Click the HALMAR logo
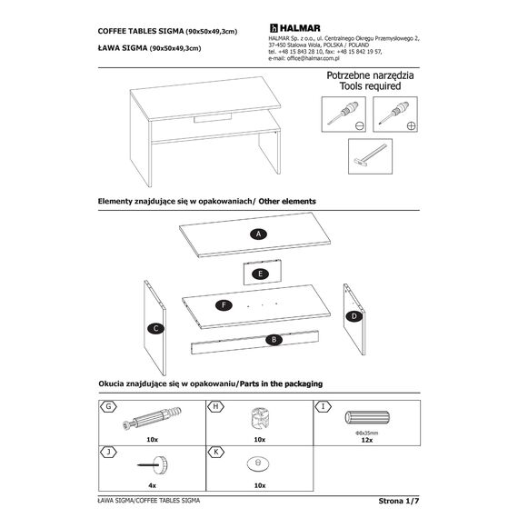(294, 28)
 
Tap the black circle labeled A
(258, 234)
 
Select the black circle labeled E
(260, 274)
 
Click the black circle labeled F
(224, 305)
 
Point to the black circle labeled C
(156, 329)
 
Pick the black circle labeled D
(354, 316)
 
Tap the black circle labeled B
(274, 340)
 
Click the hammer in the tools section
(370, 155)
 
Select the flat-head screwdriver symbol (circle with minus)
(360, 126)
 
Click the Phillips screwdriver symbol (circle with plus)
(412, 126)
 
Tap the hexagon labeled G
(108, 406)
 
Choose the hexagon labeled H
(215, 406)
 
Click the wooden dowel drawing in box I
(367, 418)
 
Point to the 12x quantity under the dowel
(367, 440)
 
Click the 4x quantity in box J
(152, 485)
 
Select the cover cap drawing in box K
(258, 463)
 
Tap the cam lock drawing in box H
(260, 419)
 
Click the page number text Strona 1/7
(399, 501)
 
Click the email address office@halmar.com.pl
(314, 58)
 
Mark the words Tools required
(371, 86)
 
